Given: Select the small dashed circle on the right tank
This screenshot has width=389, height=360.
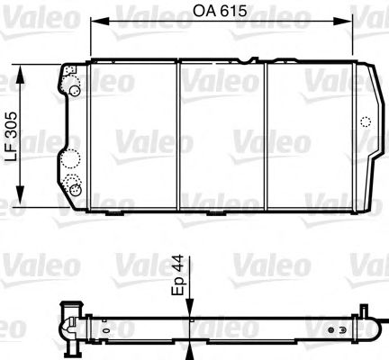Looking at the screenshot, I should point(363,122).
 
